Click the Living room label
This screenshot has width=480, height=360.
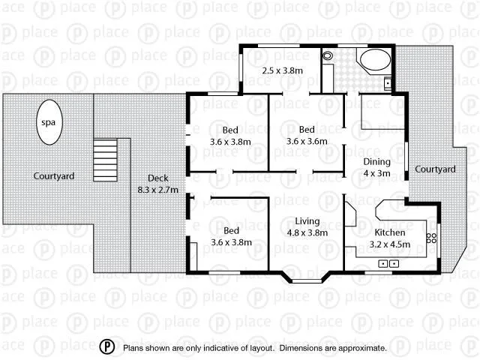307,226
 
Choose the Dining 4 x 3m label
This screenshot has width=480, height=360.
376,167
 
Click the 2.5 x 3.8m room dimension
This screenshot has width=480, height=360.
281,70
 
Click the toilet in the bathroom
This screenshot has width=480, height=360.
328,56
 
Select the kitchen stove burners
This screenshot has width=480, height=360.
431,239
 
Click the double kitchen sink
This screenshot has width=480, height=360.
388,263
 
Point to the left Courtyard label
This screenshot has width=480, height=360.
54,176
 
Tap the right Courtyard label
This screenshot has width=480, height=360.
435,169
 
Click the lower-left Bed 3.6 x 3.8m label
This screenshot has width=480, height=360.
230,236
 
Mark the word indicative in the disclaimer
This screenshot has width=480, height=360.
220,348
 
